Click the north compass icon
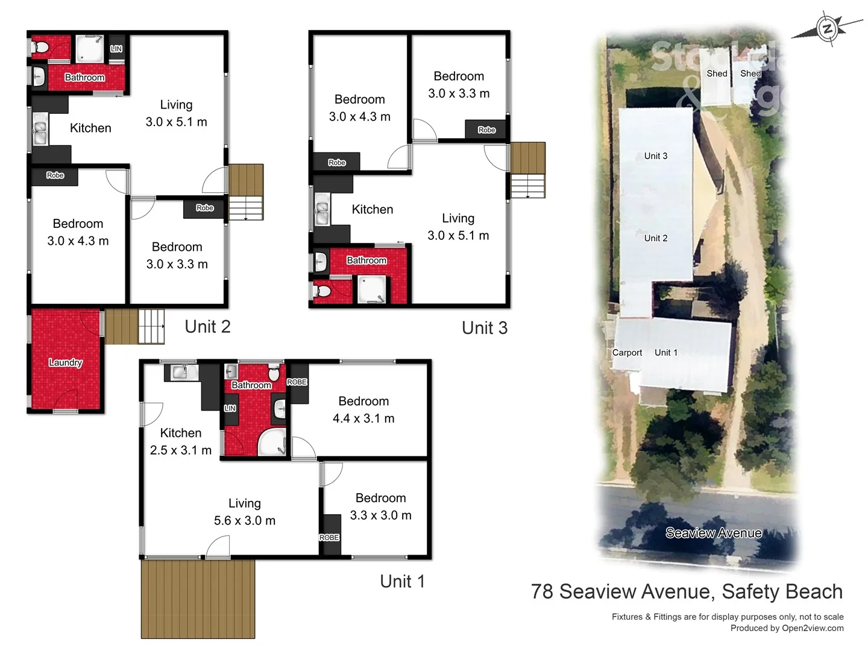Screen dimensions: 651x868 [828, 28]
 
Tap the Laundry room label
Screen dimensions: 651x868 [65, 362]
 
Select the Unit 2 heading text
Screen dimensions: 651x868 [207, 327]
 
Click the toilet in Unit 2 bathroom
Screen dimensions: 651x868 [41, 48]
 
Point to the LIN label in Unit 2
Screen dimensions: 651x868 [116, 49]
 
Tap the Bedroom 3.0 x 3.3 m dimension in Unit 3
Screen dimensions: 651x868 [459, 93]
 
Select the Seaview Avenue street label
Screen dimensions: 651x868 [713, 533]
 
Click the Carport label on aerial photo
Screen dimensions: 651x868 [627, 353]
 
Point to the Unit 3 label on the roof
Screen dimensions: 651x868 [655, 156]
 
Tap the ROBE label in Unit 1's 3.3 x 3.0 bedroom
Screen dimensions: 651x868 [329, 537]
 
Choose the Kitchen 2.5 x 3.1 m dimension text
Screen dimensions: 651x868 [181, 450]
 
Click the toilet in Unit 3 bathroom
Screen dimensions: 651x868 [324, 292]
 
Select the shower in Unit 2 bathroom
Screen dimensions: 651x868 [89, 49]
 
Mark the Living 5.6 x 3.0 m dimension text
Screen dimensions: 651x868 [244, 520]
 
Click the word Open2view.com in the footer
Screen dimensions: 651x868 [813, 628]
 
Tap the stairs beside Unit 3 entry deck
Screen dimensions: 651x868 [527, 185]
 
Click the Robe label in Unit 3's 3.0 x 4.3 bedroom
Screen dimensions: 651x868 [336, 162]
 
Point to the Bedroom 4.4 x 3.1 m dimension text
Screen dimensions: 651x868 [363, 418]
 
